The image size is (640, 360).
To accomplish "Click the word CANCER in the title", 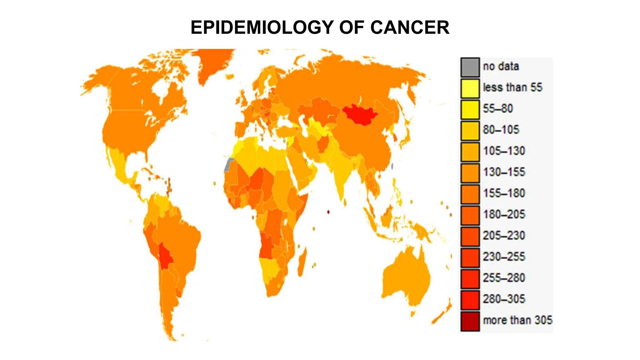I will (410, 27).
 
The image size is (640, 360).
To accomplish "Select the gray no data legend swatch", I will (470, 67).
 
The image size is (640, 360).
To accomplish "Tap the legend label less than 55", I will (512, 87).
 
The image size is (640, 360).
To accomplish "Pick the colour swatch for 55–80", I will (470, 109).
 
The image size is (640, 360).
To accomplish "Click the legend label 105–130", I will (504, 151).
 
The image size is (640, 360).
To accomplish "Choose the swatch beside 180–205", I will (470, 215).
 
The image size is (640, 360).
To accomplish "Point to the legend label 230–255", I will (504, 257).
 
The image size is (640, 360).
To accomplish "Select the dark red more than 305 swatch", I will (470, 321).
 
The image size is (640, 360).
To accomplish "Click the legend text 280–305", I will (504, 299).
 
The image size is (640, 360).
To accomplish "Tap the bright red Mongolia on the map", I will (359, 114).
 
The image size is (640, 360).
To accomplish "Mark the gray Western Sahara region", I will (229, 165).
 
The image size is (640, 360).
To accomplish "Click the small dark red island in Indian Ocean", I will (328, 212).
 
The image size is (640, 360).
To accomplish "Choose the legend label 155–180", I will (504, 193).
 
